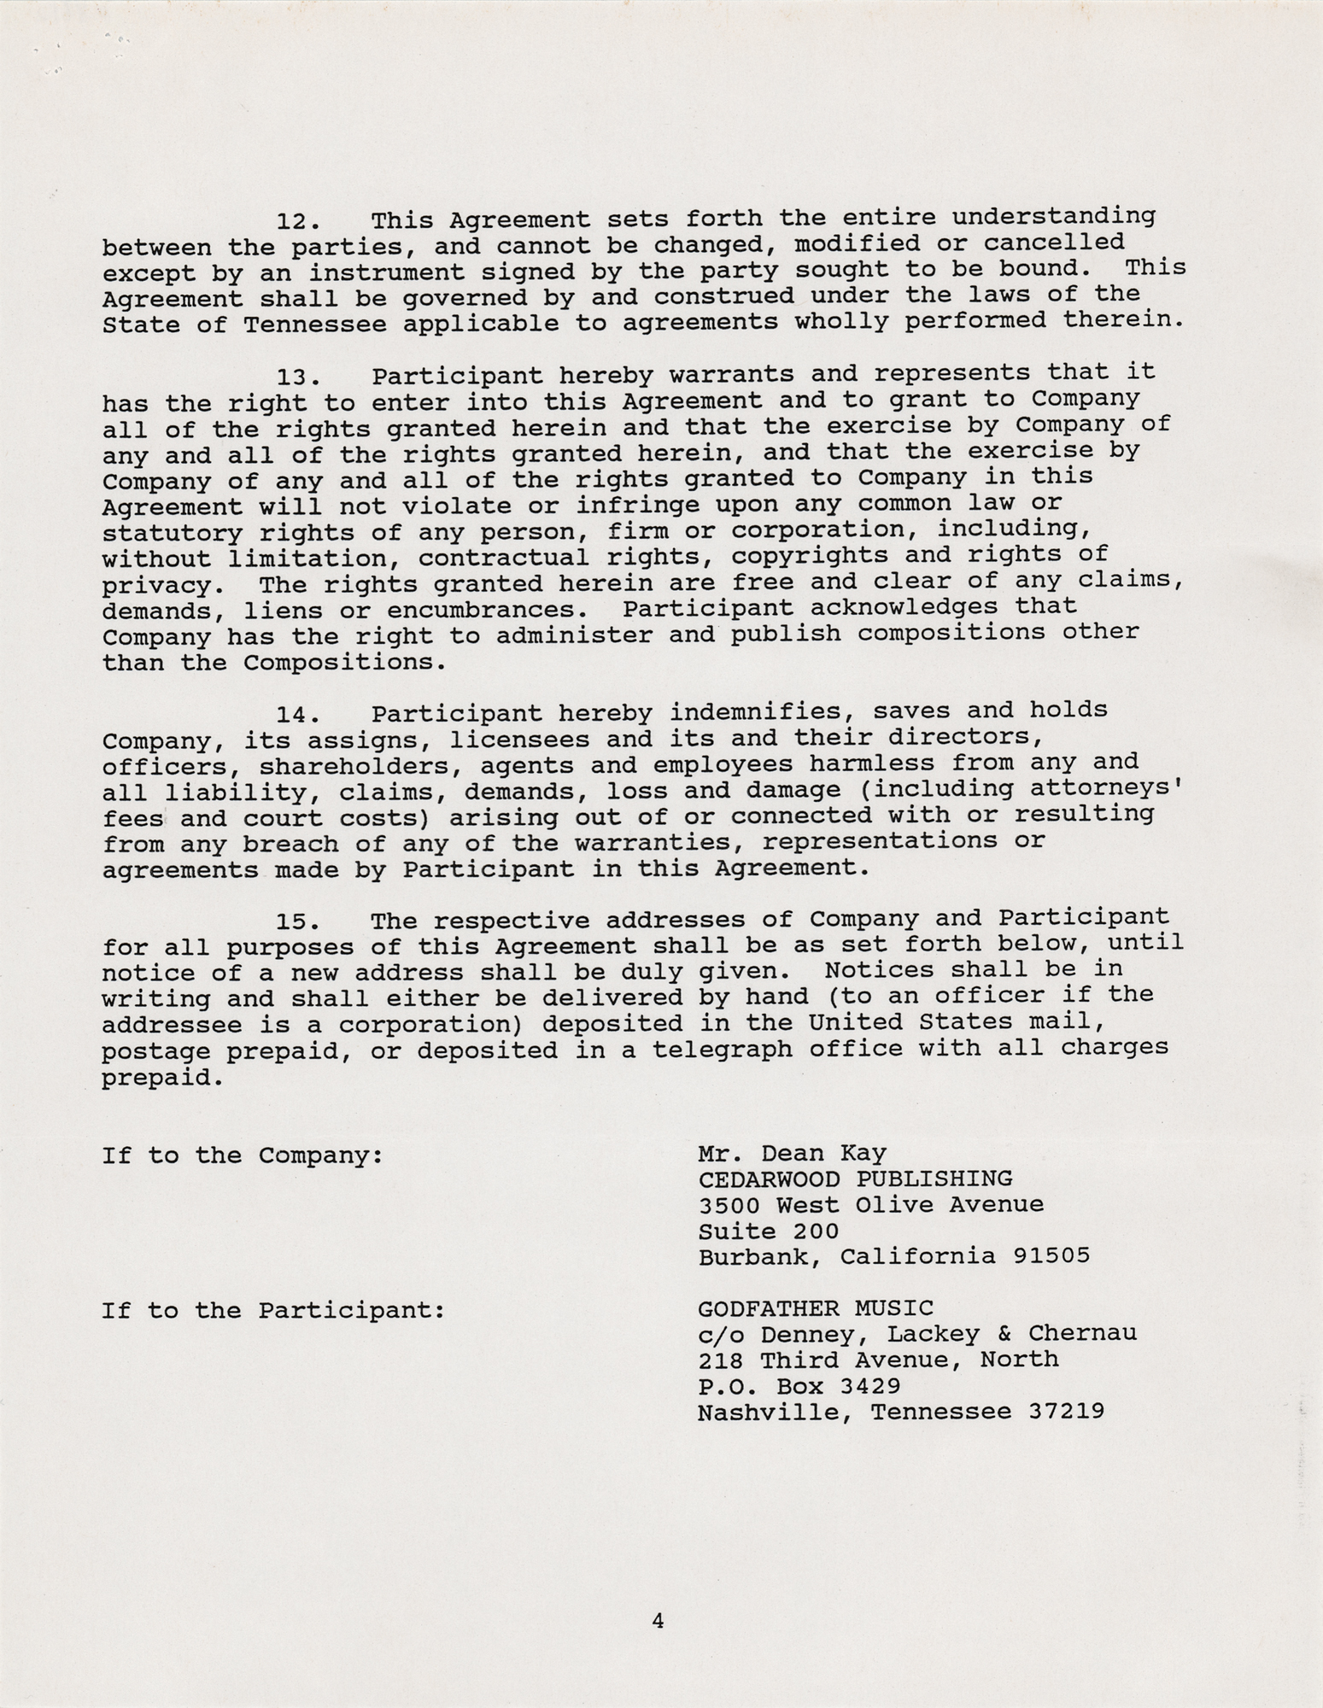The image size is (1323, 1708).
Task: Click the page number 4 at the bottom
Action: pos(658,1620)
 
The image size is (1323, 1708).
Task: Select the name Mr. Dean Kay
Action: pos(792,1154)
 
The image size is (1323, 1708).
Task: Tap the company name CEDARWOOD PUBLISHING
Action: pos(855,1179)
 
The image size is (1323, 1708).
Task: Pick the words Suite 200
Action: pos(768,1231)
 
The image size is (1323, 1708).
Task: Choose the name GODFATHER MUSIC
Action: pos(816,1308)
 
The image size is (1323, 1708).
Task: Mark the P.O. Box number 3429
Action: pos(863,1386)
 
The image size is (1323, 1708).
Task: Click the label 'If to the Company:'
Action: pos(242,1156)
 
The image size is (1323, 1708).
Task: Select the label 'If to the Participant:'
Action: pos(273,1311)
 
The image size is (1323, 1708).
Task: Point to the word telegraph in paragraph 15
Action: pos(723,1049)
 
